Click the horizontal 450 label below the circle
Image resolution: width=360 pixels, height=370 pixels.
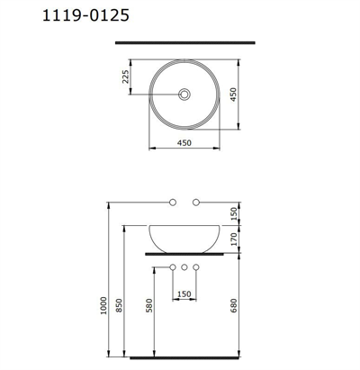(184, 141)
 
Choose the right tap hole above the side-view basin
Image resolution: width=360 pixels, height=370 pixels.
(197, 200)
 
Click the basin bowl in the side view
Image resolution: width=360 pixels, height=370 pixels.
(184, 236)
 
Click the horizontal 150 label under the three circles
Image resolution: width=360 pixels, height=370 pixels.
(184, 293)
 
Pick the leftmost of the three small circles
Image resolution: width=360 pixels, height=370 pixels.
(172, 267)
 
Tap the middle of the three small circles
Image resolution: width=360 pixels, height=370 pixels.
(184, 267)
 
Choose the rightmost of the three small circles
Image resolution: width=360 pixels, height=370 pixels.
(196, 267)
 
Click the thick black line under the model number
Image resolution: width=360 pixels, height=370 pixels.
(184, 41)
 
